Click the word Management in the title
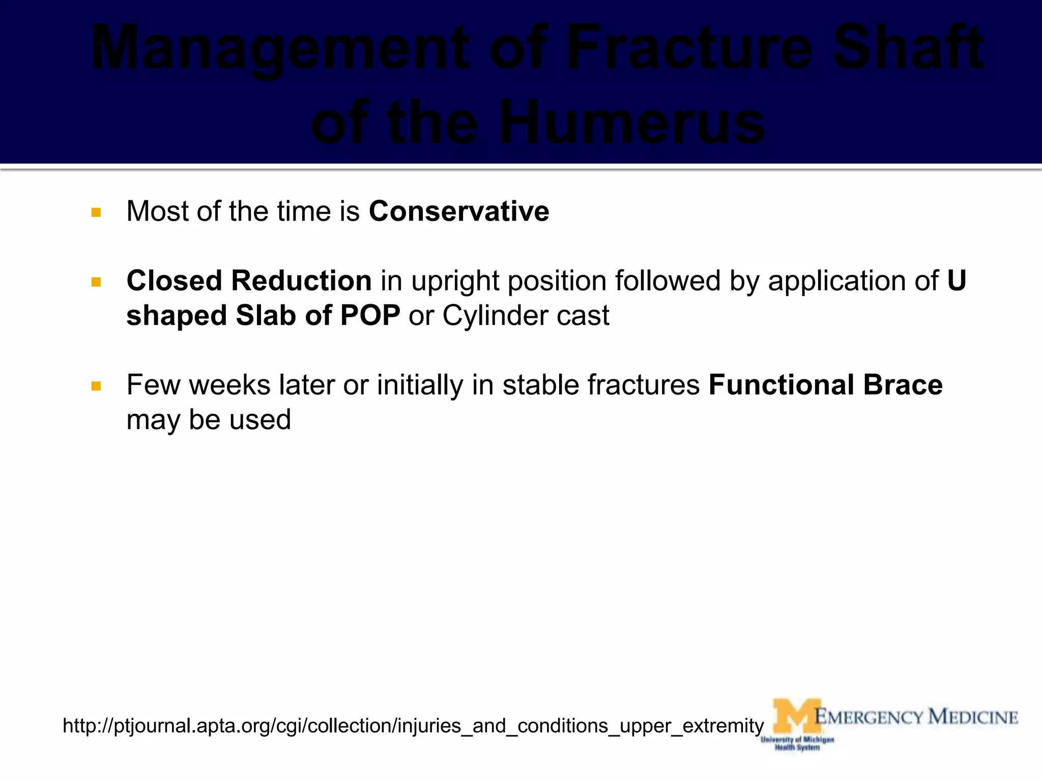(x=280, y=48)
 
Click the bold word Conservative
(x=459, y=211)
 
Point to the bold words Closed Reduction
(x=249, y=281)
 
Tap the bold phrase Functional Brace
(x=825, y=385)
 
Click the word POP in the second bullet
(x=370, y=315)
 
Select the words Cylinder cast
(x=526, y=315)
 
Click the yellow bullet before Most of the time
(x=96, y=213)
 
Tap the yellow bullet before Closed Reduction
(x=96, y=282)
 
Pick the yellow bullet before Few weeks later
(x=96, y=386)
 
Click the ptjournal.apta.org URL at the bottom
(x=413, y=726)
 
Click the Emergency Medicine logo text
(x=916, y=717)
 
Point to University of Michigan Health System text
(x=797, y=743)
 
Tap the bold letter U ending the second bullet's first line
(x=957, y=281)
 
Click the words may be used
(x=209, y=420)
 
